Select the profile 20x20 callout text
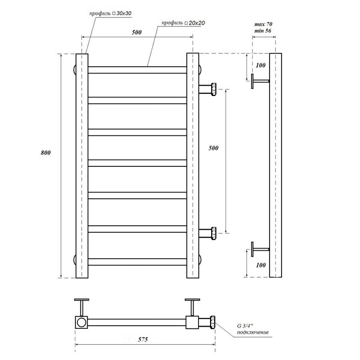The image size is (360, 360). (x=183, y=23)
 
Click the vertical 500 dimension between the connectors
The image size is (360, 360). (x=214, y=148)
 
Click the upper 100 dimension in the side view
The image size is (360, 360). (x=261, y=65)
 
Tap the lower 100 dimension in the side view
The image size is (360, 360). (x=261, y=265)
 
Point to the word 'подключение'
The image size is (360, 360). (x=252, y=332)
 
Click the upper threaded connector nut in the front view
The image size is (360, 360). (x=213, y=88)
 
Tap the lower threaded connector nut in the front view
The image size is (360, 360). (x=213, y=233)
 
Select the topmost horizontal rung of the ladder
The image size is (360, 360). (x=137, y=70)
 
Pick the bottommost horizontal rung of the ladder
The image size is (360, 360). (x=137, y=262)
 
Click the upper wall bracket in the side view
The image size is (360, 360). (x=259, y=82)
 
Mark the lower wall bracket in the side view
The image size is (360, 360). (x=259, y=250)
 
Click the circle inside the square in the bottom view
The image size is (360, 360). (x=82, y=322)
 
